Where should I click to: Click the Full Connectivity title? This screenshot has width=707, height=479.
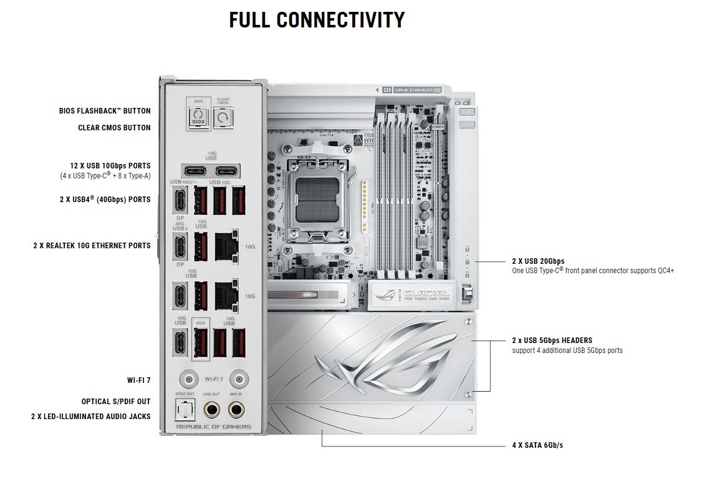[x=317, y=20]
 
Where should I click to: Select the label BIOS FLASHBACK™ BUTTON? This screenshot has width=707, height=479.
[x=105, y=111]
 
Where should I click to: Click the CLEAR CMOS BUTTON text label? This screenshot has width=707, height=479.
[x=114, y=127]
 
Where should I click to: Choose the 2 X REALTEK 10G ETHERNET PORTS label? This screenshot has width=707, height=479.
[x=92, y=246]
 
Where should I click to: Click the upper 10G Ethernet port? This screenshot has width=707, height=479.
[x=225, y=246]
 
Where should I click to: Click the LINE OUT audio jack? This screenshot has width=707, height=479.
[x=211, y=409]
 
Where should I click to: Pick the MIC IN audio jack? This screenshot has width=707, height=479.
[x=236, y=409]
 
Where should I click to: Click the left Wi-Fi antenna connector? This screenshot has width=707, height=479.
[x=186, y=379]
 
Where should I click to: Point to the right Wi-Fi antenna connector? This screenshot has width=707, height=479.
[x=236, y=379]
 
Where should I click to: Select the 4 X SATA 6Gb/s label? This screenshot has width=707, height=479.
[x=537, y=445]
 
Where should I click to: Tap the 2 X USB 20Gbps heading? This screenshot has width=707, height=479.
[x=538, y=261]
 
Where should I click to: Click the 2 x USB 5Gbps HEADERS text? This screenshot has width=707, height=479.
[x=552, y=341]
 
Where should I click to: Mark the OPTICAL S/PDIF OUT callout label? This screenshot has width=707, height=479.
[x=116, y=402]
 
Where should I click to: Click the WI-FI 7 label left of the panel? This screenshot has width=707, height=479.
[x=138, y=380]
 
